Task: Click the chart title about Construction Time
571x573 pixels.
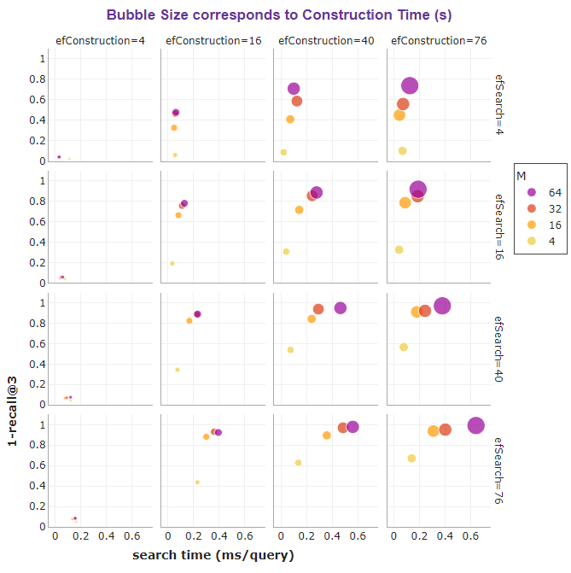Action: pyautogui.click(x=279, y=15)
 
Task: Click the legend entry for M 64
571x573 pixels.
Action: pyautogui.click(x=543, y=193)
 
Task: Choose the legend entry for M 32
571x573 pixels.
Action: pyautogui.click(x=543, y=209)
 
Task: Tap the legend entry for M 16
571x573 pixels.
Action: pyautogui.click(x=543, y=225)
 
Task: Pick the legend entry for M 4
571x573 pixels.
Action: pyautogui.click(x=543, y=242)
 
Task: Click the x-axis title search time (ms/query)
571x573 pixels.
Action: pyautogui.click(x=213, y=555)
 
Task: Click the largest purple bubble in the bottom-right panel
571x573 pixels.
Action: pyautogui.click(x=475, y=425)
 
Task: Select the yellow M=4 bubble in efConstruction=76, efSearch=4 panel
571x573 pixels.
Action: pyautogui.click(x=402, y=151)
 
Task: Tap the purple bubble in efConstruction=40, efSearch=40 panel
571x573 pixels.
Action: pyautogui.click(x=341, y=308)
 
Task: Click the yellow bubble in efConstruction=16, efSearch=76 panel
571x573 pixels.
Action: pyautogui.click(x=197, y=482)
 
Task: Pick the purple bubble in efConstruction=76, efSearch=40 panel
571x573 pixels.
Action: pyautogui.click(x=442, y=306)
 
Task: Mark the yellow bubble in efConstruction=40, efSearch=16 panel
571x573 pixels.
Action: pyautogui.click(x=286, y=251)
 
